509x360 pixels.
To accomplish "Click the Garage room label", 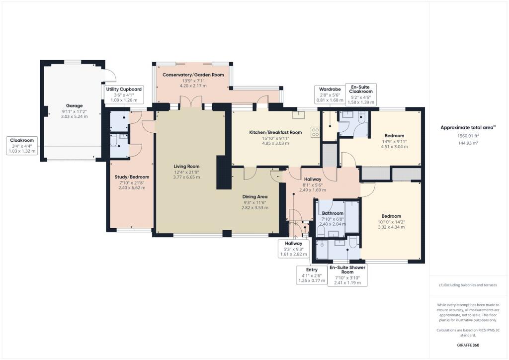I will [x=74, y=105].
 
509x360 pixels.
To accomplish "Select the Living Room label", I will [x=186, y=167].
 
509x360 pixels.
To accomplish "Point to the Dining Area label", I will [x=254, y=196].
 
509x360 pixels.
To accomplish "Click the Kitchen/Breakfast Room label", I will [x=275, y=132].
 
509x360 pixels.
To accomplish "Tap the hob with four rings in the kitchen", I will [x=315, y=132].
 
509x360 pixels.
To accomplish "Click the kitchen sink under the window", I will [x=299, y=115].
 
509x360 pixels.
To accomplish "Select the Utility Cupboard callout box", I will [x=124, y=94].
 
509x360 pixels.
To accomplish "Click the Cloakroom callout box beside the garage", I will [x=22, y=146].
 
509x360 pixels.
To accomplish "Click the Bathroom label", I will [x=333, y=213].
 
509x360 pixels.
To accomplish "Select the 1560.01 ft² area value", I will [x=468, y=136].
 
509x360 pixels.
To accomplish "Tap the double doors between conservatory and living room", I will [x=191, y=102].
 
